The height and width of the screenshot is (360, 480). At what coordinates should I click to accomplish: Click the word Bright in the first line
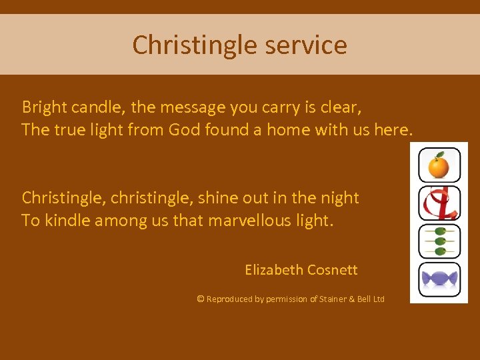[43, 107]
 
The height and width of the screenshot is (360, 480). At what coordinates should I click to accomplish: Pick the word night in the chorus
[339, 198]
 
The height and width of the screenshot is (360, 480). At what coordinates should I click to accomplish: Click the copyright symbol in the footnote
[200, 299]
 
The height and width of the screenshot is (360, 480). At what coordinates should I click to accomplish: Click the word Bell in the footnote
[365, 299]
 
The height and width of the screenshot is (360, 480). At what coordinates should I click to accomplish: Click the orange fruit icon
[439, 165]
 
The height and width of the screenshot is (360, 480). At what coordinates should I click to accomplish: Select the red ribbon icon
[439, 203]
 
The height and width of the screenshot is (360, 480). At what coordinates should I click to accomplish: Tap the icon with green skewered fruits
[439, 241]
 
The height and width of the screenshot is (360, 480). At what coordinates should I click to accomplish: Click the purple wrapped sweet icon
[439, 279]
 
